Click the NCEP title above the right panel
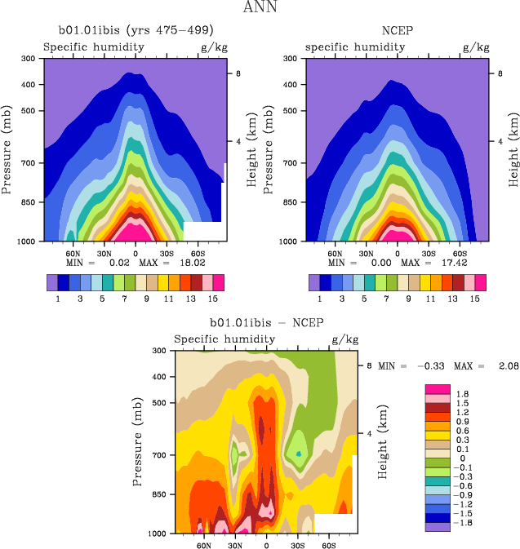(x=398, y=32)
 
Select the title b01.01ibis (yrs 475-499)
(x=136, y=32)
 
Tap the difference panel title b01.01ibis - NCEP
(x=267, y=323)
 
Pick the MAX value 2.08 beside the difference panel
(x=499, y=366)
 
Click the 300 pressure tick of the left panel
(x=27, y=59)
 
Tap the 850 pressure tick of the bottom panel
(x=158, y=495)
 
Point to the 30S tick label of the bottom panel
(x=298, y=545)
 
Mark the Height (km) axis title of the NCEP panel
(x=513, y=149)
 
